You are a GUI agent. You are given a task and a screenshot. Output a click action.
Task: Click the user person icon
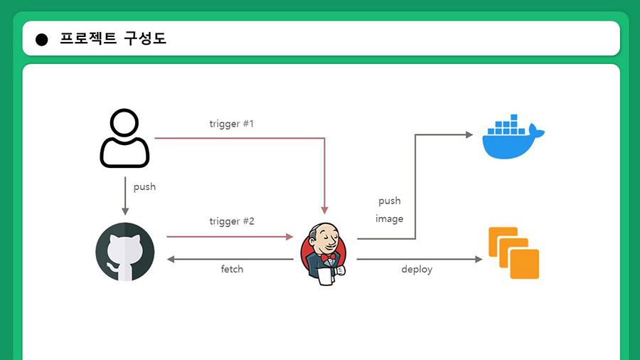pos(125,138)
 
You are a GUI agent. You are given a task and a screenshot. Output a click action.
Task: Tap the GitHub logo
pos(125,252)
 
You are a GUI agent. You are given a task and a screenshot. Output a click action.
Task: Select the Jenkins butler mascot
pos(324,253)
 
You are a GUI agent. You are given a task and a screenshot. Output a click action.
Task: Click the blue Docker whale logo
pos(513,137)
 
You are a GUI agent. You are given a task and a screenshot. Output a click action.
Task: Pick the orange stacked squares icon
pos(514,253)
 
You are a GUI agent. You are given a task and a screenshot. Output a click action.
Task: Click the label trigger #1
pos(231,124)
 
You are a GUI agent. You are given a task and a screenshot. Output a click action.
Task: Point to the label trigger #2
pos(232,221)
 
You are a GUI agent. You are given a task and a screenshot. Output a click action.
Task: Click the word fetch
pos(232,269)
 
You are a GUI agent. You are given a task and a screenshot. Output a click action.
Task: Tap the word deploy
pos(417,270)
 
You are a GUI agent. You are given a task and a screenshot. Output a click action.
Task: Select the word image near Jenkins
pos(390,219)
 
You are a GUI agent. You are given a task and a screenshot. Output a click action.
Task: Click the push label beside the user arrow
pos(144,187)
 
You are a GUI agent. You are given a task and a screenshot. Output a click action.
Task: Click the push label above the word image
pos(390,201)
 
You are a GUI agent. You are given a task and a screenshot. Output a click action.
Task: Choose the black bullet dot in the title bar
pos(42,40)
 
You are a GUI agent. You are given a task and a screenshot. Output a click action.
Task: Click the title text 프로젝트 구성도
pos(113,38)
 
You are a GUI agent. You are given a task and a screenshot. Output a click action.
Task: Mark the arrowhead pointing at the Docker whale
pos(469,134)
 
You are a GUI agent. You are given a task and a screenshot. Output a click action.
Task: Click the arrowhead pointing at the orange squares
pos(479,259)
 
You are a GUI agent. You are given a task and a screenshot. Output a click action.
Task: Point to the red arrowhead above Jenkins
pos(324,211)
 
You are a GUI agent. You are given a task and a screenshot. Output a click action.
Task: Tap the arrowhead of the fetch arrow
pos(171,259)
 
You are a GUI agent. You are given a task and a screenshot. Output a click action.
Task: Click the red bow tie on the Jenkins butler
pos(328,258)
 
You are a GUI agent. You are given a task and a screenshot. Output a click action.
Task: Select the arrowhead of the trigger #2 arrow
pos(290,236)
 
